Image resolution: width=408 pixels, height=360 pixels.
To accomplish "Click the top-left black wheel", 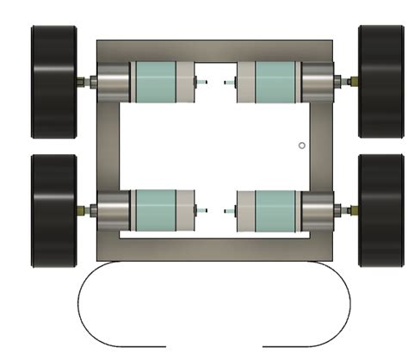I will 54,83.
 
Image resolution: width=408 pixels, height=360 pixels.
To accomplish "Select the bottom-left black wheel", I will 54,210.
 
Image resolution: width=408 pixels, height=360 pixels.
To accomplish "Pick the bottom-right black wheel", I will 381,210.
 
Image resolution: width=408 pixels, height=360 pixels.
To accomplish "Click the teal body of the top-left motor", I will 155,83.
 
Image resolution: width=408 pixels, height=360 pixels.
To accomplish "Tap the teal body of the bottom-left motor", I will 155,210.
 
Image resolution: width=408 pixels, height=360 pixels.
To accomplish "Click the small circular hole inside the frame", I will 301,145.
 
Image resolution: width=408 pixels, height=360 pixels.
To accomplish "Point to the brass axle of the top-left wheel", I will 87,83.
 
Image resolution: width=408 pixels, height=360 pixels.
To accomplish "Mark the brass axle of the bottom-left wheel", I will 87,210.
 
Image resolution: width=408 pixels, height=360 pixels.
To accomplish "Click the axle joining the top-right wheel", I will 348,82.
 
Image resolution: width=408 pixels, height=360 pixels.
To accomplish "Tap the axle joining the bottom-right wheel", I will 348,209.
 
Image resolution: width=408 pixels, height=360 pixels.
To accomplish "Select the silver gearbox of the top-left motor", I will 112,83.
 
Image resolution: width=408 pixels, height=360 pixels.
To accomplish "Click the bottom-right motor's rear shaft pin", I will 228,210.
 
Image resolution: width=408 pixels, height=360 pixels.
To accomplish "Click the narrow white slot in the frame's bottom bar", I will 214,235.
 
